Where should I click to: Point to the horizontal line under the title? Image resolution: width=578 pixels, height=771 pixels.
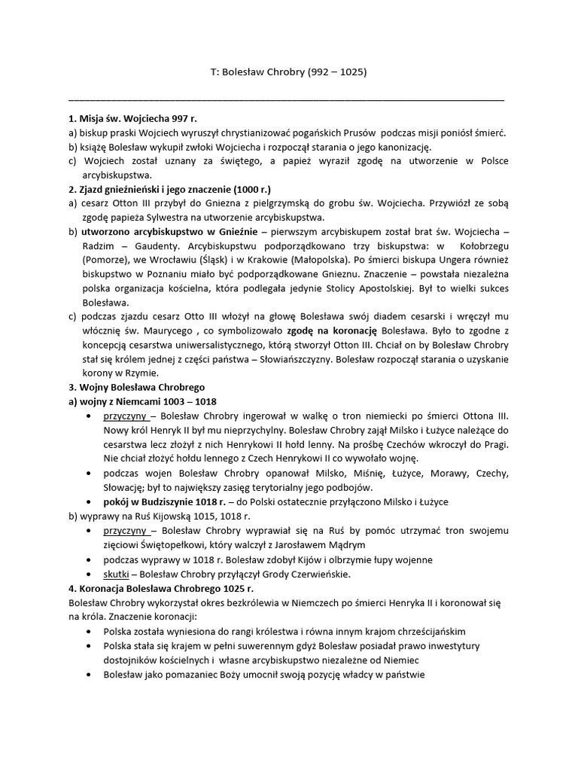(x=286, y=100)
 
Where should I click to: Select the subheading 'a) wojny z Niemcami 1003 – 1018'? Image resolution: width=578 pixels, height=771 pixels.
(x=142, y=401)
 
